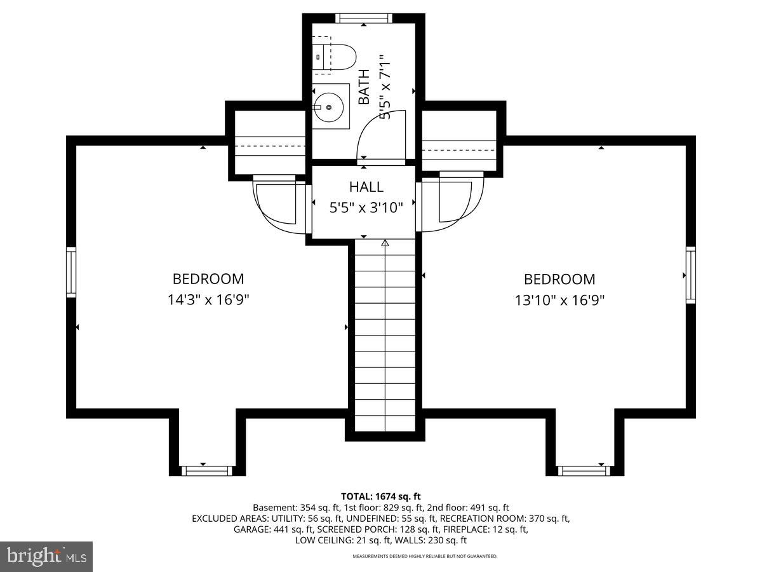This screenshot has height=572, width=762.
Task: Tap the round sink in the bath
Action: point(329,107)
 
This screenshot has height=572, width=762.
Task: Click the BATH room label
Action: point(364,87)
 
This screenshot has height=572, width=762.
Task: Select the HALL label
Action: point(366,187)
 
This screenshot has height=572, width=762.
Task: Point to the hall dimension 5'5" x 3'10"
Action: point(366,207)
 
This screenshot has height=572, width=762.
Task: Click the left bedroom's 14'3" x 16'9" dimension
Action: point(208,299)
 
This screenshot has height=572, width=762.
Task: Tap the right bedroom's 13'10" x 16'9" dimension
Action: point(559,299)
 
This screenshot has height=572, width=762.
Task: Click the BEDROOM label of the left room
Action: point(208,278)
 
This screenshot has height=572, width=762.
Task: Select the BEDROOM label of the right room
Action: point(559,279)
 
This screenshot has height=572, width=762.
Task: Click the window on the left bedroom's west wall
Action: point(72,272)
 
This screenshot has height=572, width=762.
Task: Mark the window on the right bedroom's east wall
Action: point(690,275)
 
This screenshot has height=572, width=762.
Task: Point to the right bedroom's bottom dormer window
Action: point(582,470)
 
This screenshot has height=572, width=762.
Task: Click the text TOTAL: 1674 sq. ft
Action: point(381,496)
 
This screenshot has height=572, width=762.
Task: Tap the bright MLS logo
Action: point(46,556)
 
